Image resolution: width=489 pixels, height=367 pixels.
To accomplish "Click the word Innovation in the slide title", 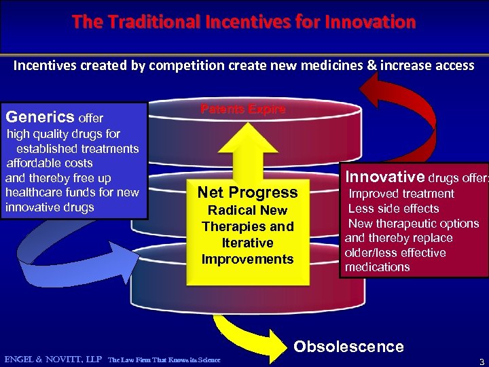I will point(369,22).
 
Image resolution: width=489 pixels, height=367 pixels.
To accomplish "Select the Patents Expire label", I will point(242,109).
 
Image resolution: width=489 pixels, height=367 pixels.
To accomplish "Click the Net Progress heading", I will point(247,192).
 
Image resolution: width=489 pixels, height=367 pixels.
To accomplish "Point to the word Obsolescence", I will point(348,347).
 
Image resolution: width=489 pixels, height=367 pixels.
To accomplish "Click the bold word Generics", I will point(41,117).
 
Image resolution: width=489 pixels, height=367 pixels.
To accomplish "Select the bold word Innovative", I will point(385,177).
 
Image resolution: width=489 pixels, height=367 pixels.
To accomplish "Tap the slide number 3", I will point(481,360).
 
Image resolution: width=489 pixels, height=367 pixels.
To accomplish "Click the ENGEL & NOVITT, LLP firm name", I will point(53,359).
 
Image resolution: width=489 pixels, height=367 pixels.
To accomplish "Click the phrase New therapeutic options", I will point(414,224).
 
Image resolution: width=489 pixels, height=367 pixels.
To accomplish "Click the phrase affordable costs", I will point(50,163).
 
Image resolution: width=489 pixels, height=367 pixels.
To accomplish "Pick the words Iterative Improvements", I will point(247,251).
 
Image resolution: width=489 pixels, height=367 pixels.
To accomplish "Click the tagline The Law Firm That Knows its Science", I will point(164,360).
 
